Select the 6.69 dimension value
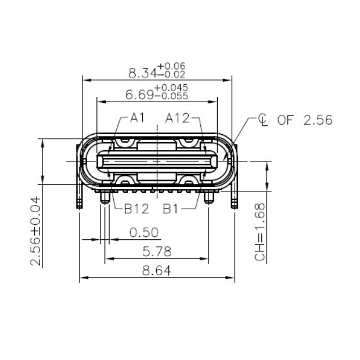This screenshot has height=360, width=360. (139, 95)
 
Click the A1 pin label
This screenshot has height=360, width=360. (137, 118)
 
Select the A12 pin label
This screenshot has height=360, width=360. (177, 118)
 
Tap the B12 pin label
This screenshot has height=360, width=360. (136, 208)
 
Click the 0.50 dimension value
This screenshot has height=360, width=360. (144, 233)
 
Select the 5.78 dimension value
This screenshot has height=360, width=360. (157, 253)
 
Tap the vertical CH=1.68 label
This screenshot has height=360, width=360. (260, 232)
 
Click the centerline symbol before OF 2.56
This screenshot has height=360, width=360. (264, 120)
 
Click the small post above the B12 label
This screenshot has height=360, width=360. (105, 198)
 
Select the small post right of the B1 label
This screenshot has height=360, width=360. (209, 198)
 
